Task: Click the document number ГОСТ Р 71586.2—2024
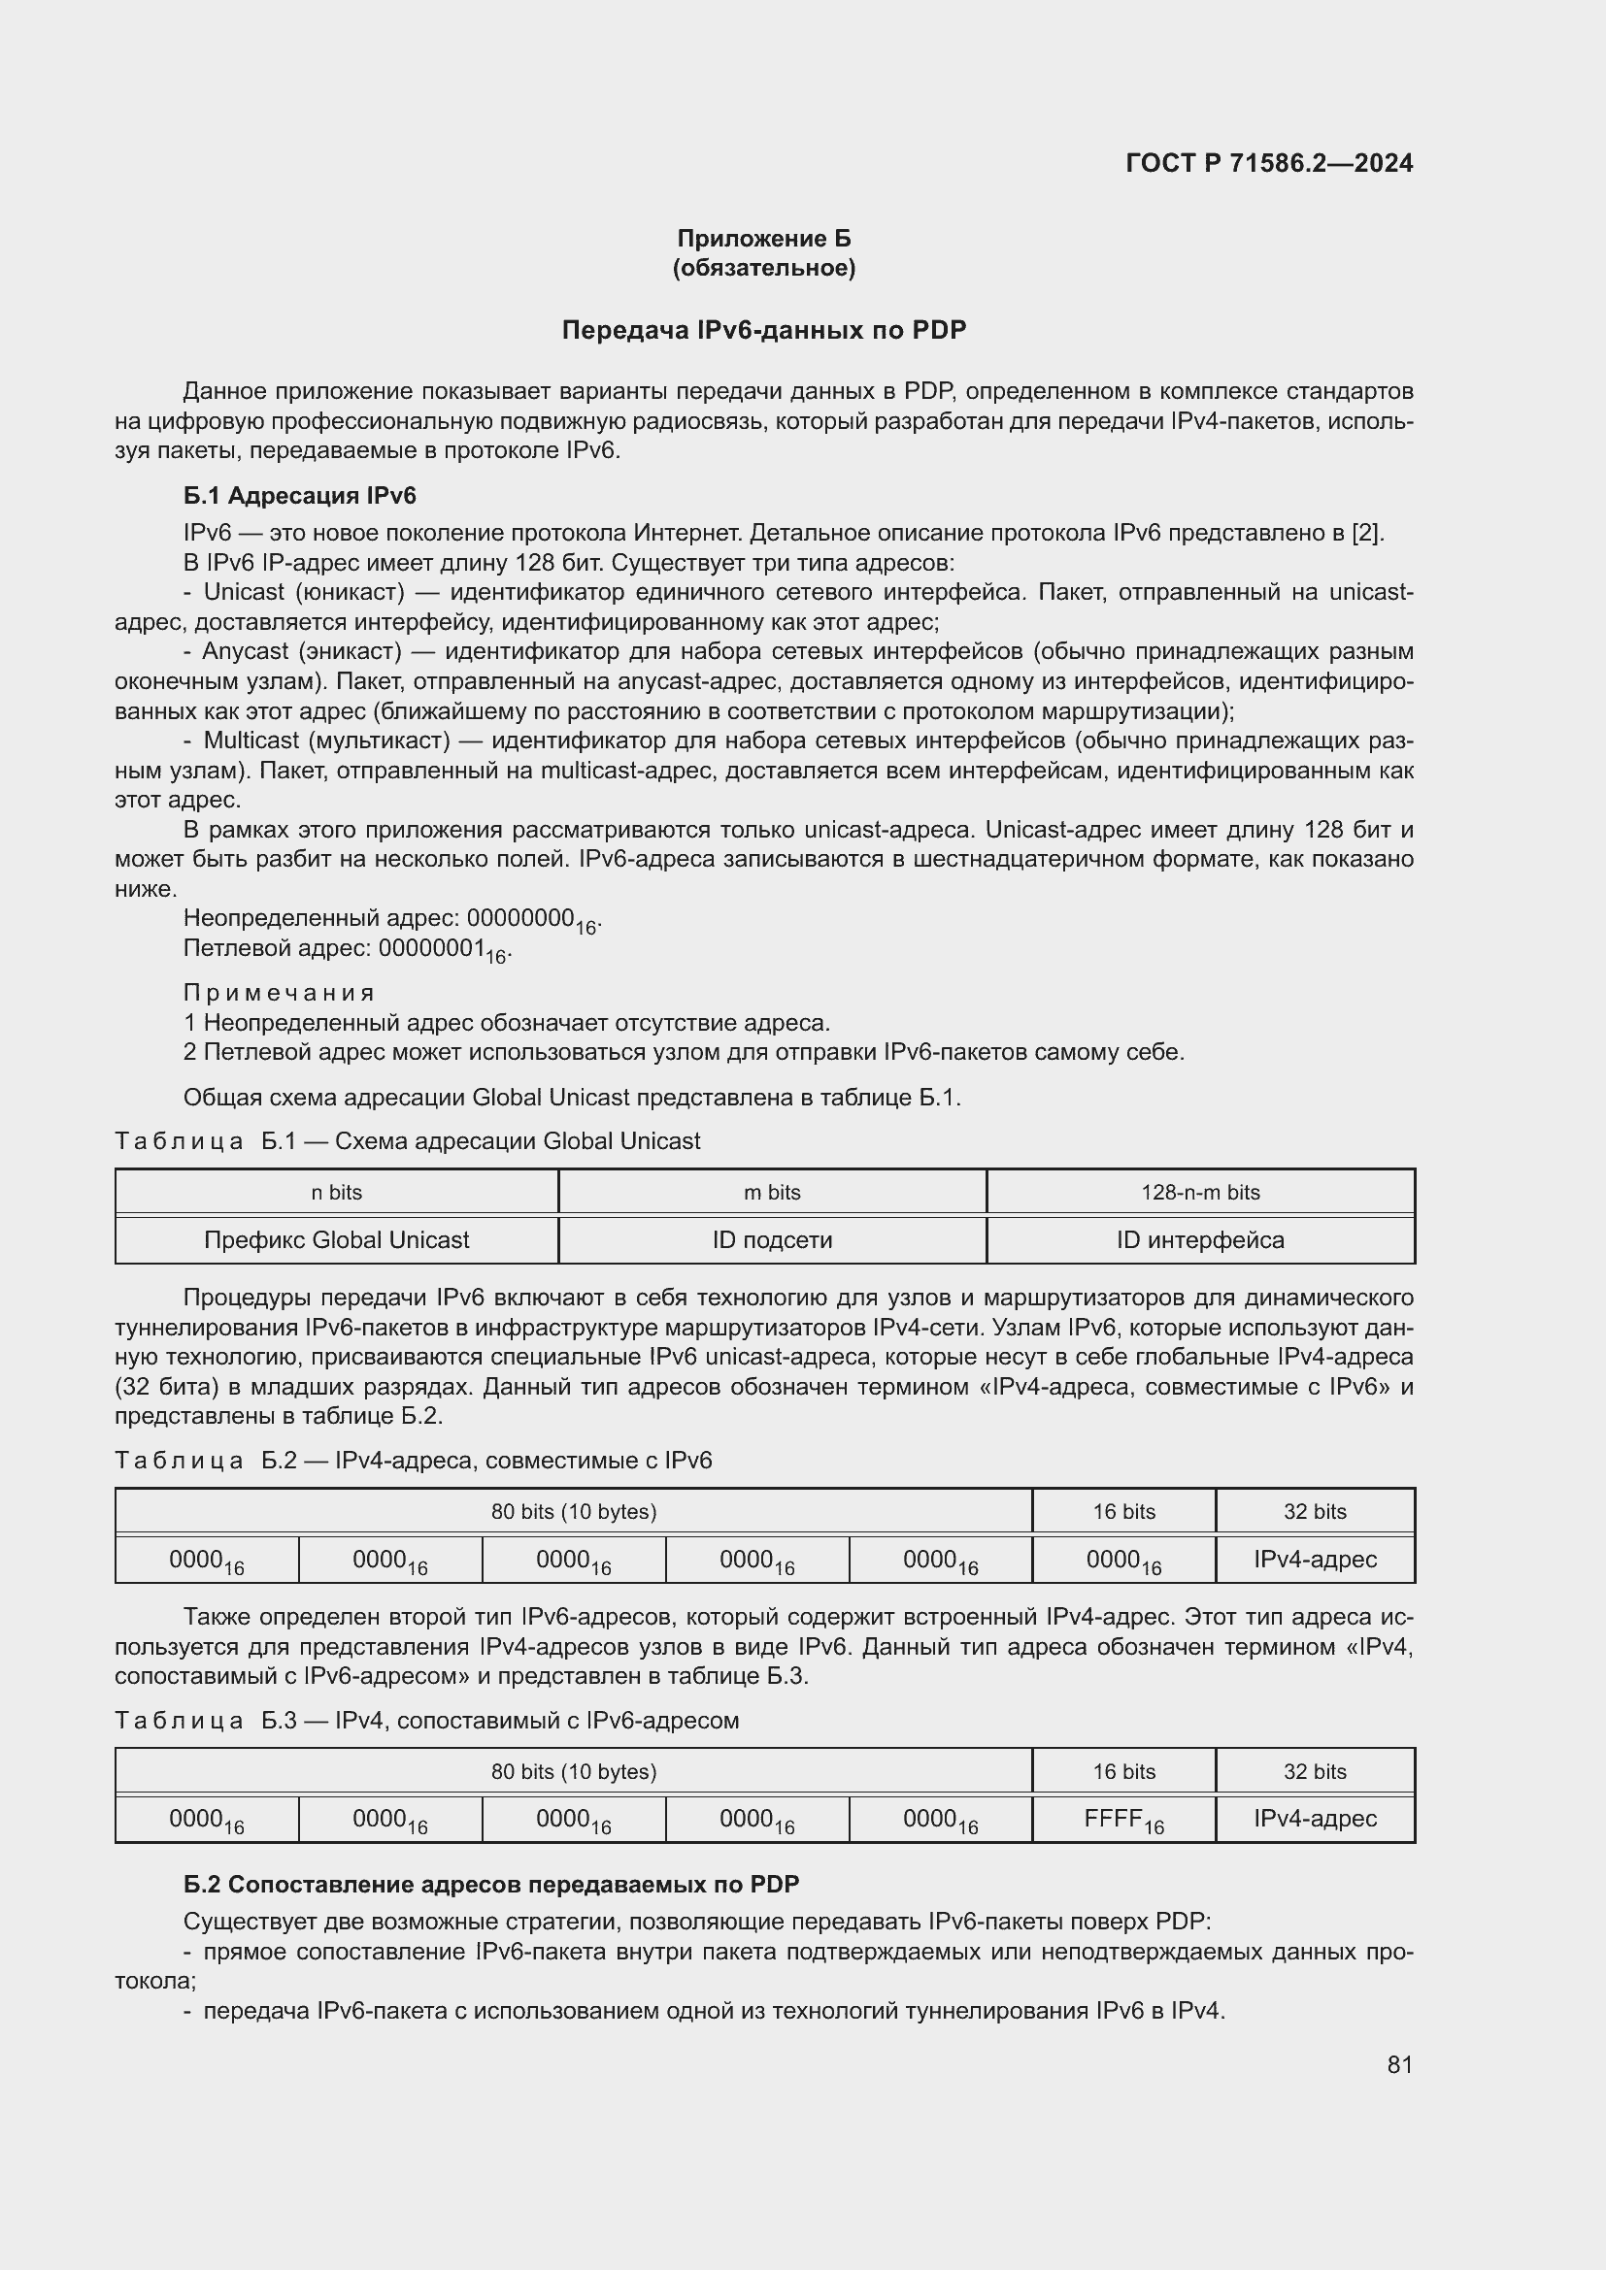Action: (1269, 164)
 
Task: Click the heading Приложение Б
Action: (763, 239)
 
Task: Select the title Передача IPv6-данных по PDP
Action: (763, 330)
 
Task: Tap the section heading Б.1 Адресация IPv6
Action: (300, 495)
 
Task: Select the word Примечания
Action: (279, 993)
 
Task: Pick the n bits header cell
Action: (336, 1193)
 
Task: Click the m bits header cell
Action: (771, 1193)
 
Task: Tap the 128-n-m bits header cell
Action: (1200, 1193)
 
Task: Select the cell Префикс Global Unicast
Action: (336, 1239)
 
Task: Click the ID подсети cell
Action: (771, 1239)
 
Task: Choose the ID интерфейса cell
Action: (1200, 1239)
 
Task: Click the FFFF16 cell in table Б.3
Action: (1123, 1820)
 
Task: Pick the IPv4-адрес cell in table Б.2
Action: (1315, 1560)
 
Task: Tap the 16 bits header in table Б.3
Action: (1123, 1771)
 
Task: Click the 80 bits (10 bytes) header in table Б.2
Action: (574, 1512)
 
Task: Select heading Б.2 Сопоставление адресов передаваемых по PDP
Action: (491, 1885)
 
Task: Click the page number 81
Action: (1399, 2064)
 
